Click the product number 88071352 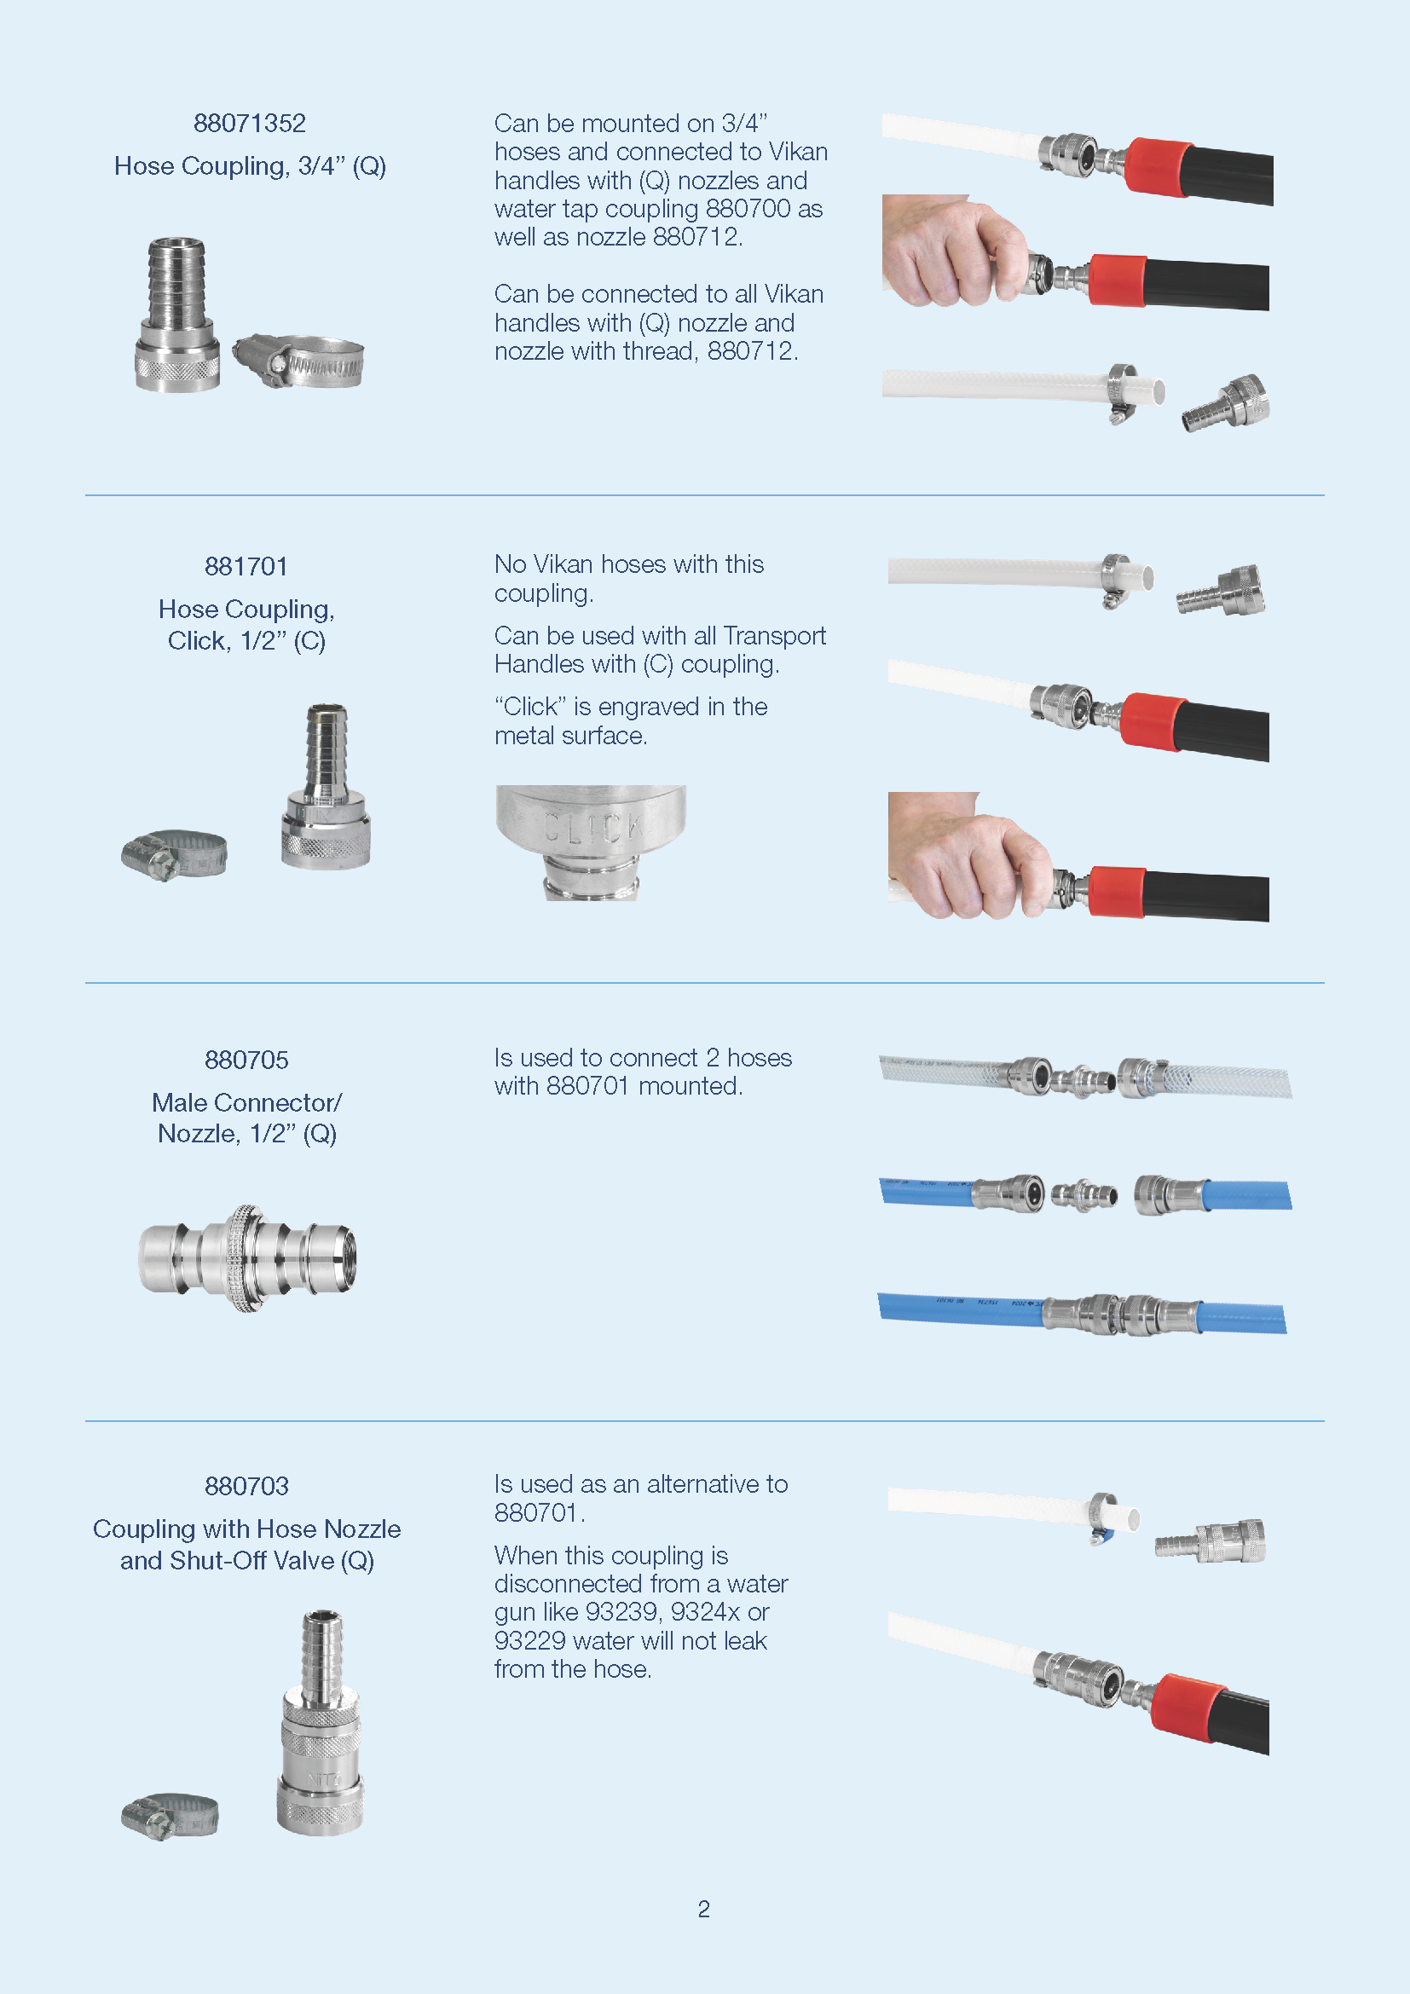click(249, 124)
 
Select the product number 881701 click(246, 566)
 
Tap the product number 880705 click(246, 1060)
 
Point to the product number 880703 click(246, 1486)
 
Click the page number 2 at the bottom click(704, 1909)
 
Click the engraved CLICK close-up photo click(591, 842)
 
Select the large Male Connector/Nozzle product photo click(247, 1257)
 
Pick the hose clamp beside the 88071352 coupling click(298, 361)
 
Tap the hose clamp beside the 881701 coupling click(174, 854)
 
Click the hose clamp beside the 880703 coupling click(170, 1815)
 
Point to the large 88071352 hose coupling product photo click(177, 315)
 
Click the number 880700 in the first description click(748, 208)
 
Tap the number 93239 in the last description click(623, 1612)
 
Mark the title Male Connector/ click(247, 1103)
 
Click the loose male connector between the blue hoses click(1084, 1195)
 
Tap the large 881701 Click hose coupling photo click(326, 787)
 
